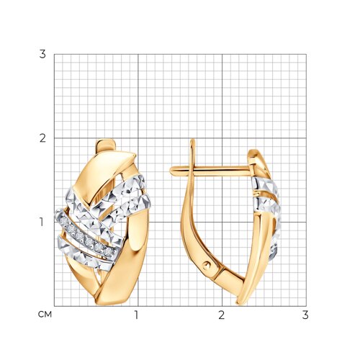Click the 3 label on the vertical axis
(42, 55)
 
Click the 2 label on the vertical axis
(42, 138)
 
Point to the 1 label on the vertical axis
(42, 222)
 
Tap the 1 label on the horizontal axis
(137, 315)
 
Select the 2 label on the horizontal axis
(222, 315)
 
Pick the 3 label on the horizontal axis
(305, 315)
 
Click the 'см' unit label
(45, 315)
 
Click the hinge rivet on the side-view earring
(207, 265)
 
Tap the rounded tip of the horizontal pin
(171, 171)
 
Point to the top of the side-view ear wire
(192, 140)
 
